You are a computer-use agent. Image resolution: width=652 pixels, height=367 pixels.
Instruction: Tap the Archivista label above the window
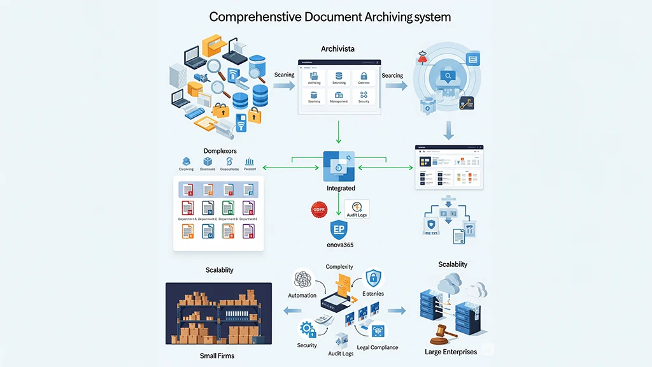click(339, 49)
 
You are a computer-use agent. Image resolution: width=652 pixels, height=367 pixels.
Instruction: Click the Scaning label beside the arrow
click(284, 75)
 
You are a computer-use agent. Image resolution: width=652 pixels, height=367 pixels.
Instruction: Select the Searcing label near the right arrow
click(392, 75)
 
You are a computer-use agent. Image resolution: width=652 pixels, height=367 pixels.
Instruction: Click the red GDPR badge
click(318, 209)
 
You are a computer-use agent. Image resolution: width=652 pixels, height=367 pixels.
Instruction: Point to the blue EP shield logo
click(339, 230)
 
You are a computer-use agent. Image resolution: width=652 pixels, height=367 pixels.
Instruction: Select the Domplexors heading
click(220, 150)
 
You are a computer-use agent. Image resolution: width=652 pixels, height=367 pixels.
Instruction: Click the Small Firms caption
click(218, 356)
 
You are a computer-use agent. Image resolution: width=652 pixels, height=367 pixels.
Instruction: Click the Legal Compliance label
click(378, 347)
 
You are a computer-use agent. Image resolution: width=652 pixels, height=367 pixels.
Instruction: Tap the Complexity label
click(339, 267)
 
